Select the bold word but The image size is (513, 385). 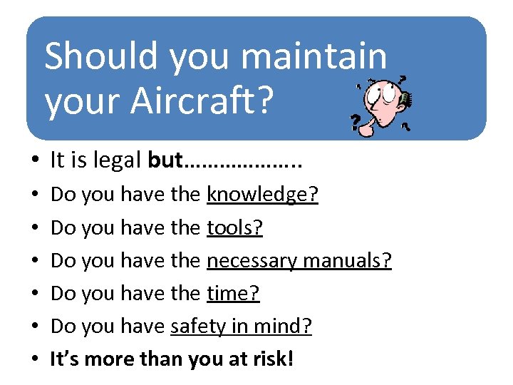pos(165,160)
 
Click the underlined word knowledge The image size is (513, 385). pos(262,195)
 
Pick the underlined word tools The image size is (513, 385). pos(234,227)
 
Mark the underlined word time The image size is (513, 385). pos(233,293)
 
